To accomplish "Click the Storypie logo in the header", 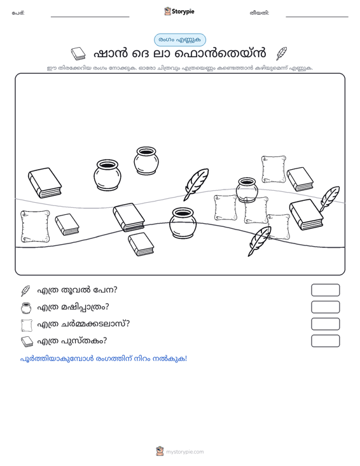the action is (x=179, y=11).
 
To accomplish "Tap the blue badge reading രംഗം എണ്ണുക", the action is (x=180, y=40).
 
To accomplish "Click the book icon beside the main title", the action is (x=78, y=53).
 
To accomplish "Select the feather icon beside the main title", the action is (x=281, y=53).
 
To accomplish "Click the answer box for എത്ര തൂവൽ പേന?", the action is (x=325, y=290).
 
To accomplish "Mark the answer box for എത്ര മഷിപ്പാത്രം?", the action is (x=325, y=307).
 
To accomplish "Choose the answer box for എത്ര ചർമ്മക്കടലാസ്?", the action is (x=325, y=324).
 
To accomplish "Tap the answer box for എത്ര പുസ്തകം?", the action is (x=325, y=341).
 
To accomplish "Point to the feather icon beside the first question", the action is (x=25, y=291).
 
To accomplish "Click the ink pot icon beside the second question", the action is (x=26, y=308).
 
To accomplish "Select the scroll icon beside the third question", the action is (x=27, y=325).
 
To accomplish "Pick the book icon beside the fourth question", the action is (x=27, y=342).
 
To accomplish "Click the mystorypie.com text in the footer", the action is (x=184, y=452).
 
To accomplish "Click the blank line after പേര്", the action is (x=90, y=17).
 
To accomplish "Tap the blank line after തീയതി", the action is (x=317, y=17).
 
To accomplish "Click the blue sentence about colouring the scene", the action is (x=104, y=359).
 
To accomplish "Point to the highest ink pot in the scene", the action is (x=146, y=160).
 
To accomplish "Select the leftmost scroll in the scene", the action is (x=35, y=226).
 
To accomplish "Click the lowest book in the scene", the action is (x=141, y=244).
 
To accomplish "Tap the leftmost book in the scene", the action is (x=45, y=182).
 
